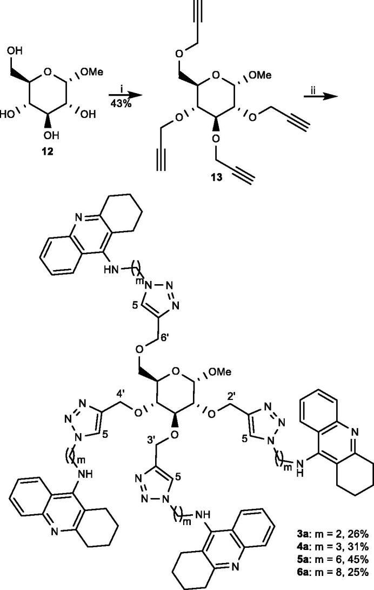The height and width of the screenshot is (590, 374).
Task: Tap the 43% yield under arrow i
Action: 126,89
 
